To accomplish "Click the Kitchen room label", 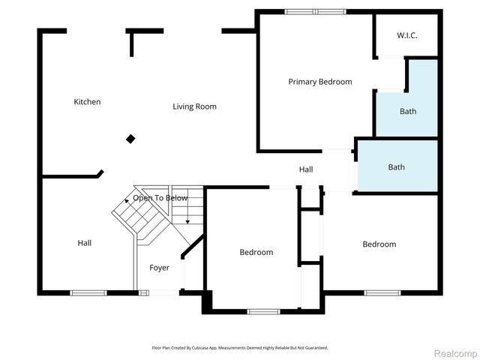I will [x=87, y=102].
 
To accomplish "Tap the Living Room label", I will [x=194, y=106].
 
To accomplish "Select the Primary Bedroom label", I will [x=320, y=82].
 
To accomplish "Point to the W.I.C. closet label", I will [x=406, y=34].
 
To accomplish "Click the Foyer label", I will [x=159, y=268].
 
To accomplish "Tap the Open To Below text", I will [x=160, y=198].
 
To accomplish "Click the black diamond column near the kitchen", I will [x=130, y=139].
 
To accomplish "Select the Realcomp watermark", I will [x=456, y=353].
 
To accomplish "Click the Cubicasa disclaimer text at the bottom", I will [x=240, y=348].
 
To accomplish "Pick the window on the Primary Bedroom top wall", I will [x=316, y=11].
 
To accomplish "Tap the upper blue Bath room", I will [x=407, y=112].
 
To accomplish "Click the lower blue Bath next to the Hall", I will [x=396, y=167].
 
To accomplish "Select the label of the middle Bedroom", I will [x=256, y=253].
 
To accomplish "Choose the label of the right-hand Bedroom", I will [x=379, y=244].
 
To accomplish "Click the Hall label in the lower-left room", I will [x=85, y=243].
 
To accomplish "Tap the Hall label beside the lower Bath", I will [x=306, y=170].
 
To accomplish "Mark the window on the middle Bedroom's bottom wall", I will [x=263, y=311].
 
